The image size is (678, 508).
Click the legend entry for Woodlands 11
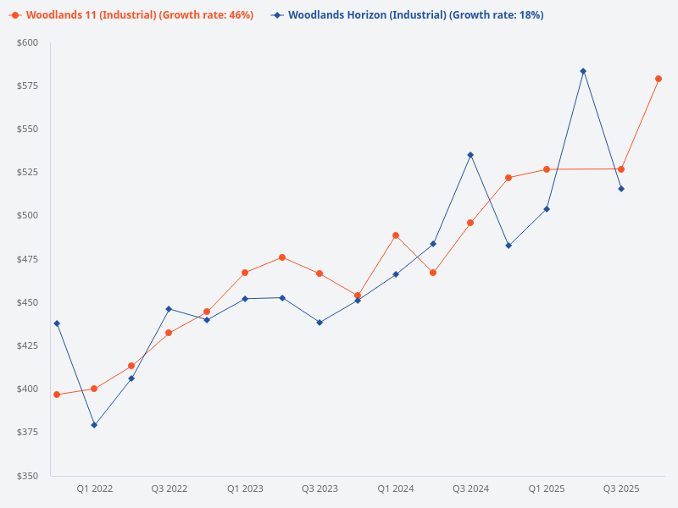pyautogui.click(x=131, y=15)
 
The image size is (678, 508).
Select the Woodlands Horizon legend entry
pyautogui.click(x=407, y=15)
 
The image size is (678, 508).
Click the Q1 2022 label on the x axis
pyautogui.click(x=94, y=489)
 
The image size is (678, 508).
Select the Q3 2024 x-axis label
pyautogui.click(x=470, y=489)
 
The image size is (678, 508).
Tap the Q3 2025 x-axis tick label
pyautogui.click(x=621, y=489)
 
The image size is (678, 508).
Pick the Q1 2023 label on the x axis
pyautogui.click(x=245, y=489)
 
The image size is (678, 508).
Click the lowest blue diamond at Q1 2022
pyautogui.click(x=94, y=425)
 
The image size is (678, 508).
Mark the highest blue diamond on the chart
pyautogui.click(x=583, y=71)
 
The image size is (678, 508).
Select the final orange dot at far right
pyautogui.click(x=659, y=79)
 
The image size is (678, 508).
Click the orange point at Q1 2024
pyautogui.click(x=396, y=235)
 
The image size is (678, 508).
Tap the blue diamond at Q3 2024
pyautogui.click(x=470, y=155)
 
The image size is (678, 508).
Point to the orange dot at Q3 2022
pyautogui.click(x=169, y=333)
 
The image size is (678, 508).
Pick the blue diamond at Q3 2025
pyautogui.click(x=621, y=189)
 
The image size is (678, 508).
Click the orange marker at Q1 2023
pyautogui.click(x=245, y=273)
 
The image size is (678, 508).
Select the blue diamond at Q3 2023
pyautogui.click(x=320, y=323)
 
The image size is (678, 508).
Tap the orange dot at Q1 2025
pyautogui.click(x=547, y=169)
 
